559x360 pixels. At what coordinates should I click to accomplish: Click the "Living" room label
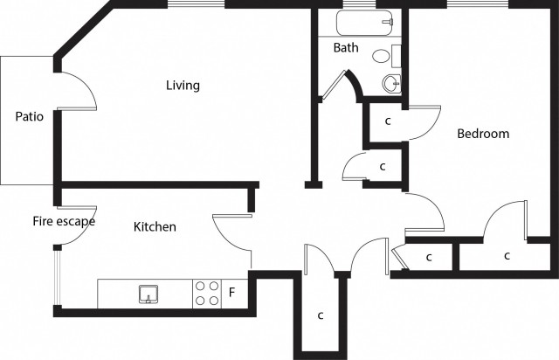point(183,86)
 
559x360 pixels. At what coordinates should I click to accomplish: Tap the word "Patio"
point(30,116)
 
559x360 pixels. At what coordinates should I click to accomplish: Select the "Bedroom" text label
point(483,134)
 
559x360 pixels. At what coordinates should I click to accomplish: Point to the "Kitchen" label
point(155,227)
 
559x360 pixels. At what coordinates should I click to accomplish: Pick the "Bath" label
point(346,47)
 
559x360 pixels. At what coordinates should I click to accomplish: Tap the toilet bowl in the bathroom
point(382,56)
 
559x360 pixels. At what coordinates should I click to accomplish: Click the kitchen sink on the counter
point(148,294)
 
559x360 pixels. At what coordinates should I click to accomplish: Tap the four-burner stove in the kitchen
point(207,293)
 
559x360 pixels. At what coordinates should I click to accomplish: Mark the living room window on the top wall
point(197,4)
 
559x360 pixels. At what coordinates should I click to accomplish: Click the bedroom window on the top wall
point(476,4)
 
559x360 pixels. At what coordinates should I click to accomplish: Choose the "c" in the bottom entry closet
point(321,315)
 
